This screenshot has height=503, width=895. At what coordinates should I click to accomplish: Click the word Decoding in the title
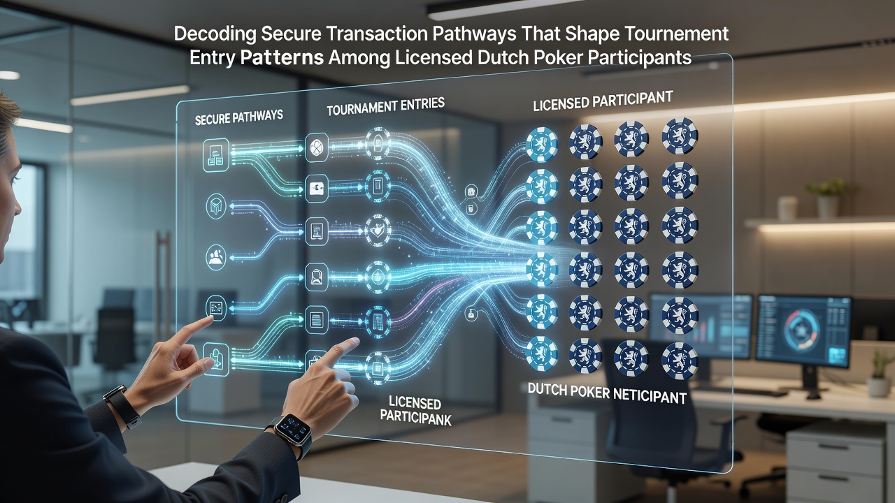tap(215, 35)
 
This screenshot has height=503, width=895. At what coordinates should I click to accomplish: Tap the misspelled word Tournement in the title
tap(677, 34)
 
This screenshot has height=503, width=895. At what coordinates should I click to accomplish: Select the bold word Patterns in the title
tap(282, 58)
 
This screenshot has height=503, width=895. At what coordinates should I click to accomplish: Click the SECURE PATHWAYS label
tap(239, 117)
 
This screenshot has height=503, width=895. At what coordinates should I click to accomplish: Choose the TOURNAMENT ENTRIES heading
tap(385, 107)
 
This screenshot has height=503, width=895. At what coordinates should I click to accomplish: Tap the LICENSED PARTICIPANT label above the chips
tap(603, 101)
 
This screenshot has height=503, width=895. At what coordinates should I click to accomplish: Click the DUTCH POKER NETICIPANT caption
tap(607, 393)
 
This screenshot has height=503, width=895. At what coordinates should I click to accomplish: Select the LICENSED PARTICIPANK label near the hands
tap(415, 410)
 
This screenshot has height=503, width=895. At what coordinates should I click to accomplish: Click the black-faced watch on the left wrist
tap(122, 406)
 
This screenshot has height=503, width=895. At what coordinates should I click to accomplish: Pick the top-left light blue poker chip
tap(542, 145)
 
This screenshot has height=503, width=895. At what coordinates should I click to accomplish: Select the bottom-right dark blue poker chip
tap(680, 361)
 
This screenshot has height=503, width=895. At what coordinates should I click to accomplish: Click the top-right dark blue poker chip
tap(680, 136)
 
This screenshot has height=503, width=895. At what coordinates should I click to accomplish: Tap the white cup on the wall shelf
tap(787, 208)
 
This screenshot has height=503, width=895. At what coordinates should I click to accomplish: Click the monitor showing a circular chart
tap(803, 331)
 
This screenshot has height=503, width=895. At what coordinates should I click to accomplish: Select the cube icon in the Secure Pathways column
tap(216, 206)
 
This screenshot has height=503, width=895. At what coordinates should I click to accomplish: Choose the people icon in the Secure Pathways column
tap(216, 257)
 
